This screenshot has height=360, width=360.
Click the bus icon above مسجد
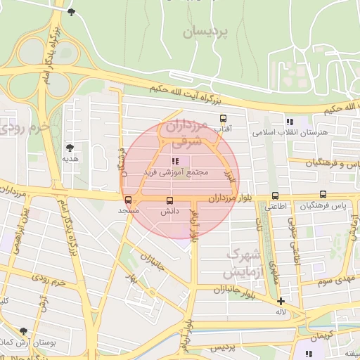(x=128, y=199)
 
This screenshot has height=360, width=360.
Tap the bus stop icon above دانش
(x=169, y=199)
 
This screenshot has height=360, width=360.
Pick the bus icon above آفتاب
(x=224, y=118)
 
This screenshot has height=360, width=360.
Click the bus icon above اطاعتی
(x=274, y=196)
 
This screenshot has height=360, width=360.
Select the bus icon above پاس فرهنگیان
(x=323, y=194)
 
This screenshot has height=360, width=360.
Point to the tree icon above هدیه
(x=70, y=148)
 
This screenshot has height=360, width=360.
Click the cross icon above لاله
(x=281, y=301)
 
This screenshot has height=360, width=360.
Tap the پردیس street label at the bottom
(x=221, y=348)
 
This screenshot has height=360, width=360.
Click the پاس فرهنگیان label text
(x=323, y=206)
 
